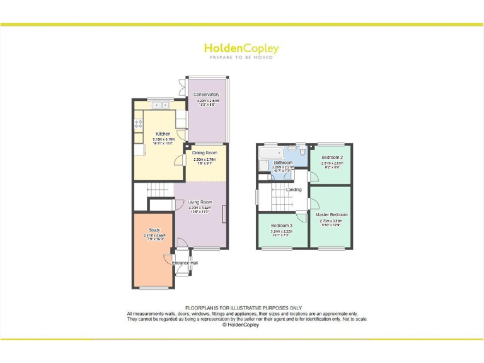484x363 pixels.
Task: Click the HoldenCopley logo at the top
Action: [241, 49]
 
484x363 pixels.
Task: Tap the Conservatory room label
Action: [207, 95]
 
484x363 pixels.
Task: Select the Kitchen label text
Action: [163, 134]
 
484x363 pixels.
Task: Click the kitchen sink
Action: [156, 105]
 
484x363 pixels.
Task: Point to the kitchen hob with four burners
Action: [138, 125]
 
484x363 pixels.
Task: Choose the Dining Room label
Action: [204, 153]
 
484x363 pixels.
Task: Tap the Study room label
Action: [154, 230]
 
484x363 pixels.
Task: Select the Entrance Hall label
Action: [185, 262]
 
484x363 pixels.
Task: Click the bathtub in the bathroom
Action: [272, 154]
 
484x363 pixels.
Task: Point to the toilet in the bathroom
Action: [302, 152]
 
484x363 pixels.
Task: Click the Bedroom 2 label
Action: [331, 157]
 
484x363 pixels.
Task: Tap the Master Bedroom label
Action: [331, 215]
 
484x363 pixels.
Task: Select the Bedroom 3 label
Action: [282, 225]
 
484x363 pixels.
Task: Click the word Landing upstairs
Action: [294, 189]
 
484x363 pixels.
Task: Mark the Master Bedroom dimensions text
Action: [331, 224]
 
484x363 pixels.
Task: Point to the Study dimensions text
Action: [154, 238]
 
